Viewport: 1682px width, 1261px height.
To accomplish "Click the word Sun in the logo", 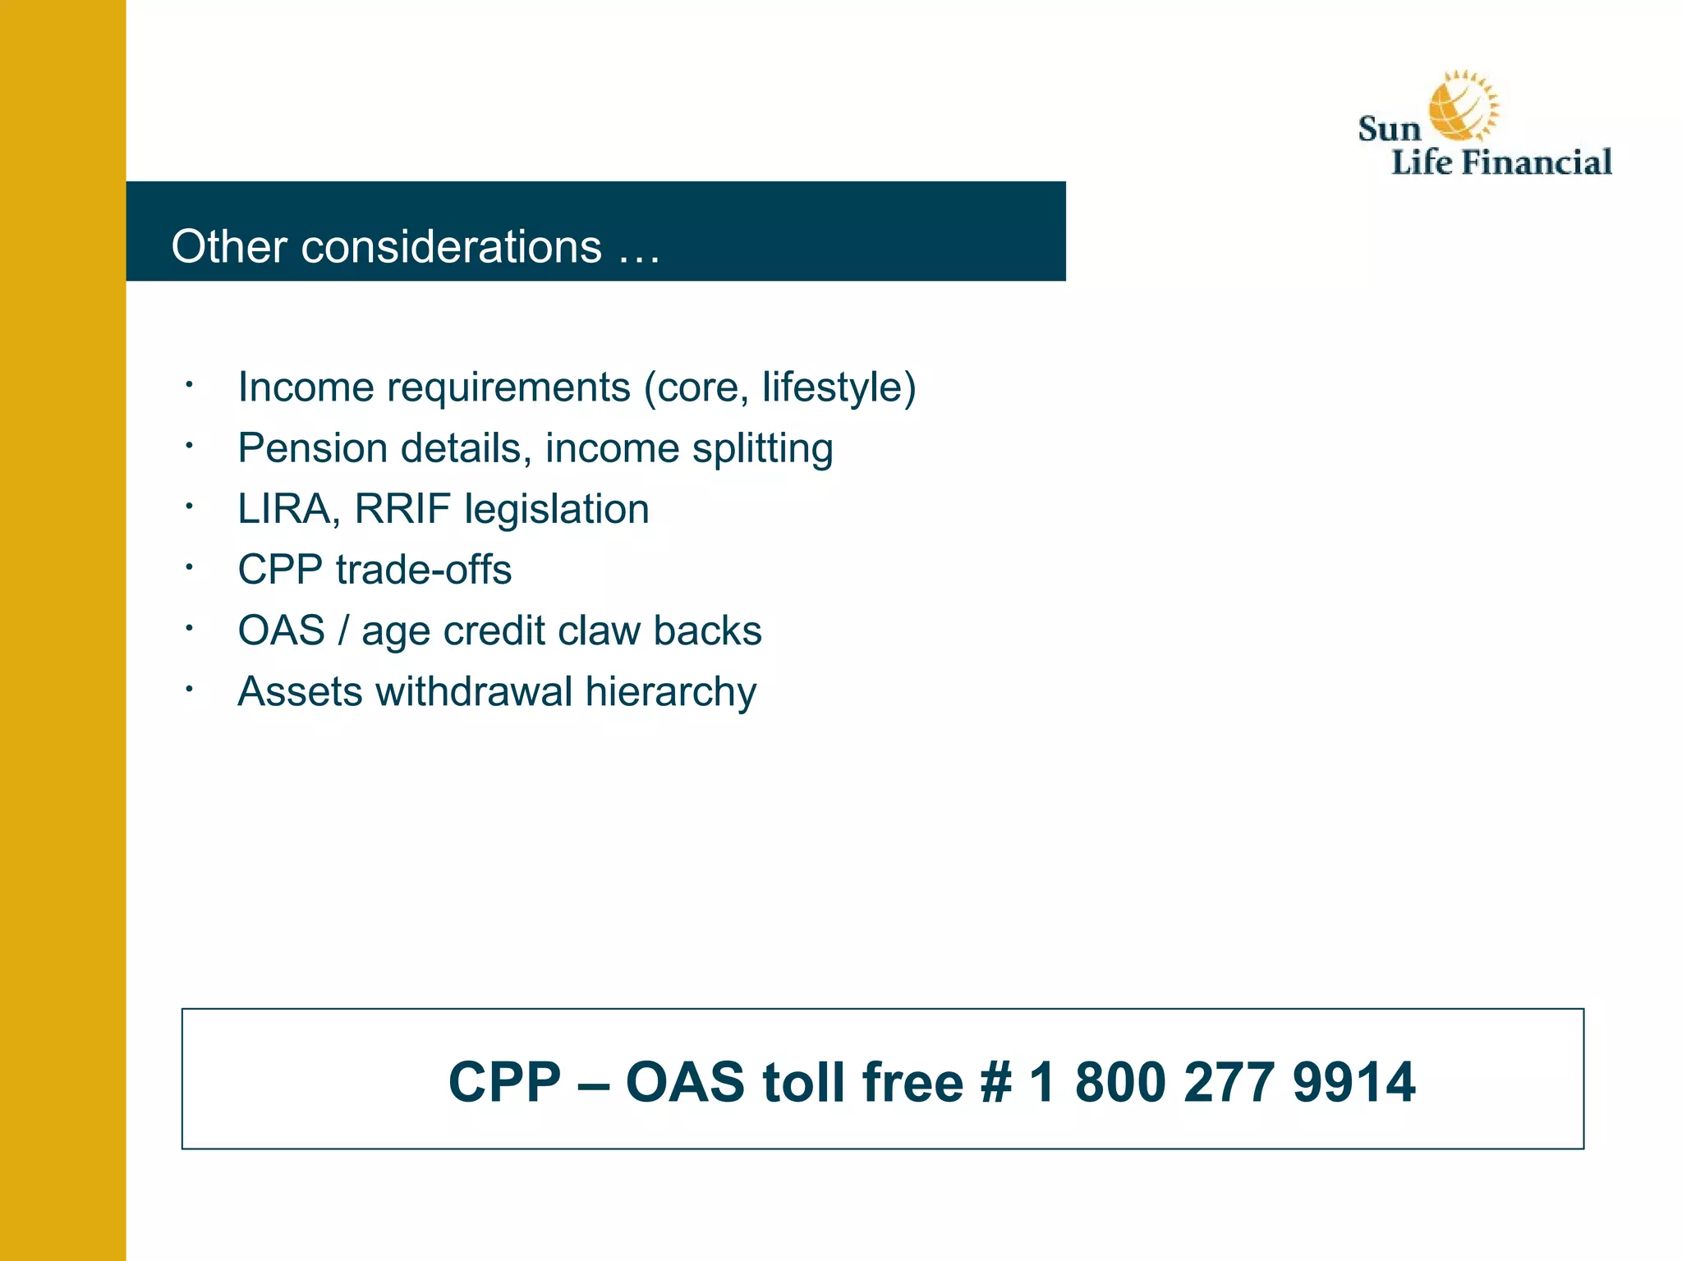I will tap(1389, 130).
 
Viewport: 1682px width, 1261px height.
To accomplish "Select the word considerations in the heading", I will tap(451, 246).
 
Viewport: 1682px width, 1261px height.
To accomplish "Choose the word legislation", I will tap(556, 509).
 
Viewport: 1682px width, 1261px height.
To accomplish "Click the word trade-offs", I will tap(423, 570).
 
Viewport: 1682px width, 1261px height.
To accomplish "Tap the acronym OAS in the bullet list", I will tap(281, 630).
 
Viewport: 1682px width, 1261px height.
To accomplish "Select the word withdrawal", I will tap(474, 691).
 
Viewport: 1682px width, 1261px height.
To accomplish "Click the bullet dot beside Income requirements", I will tap(189, 384).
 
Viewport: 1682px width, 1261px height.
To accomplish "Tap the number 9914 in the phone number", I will tap(1353, 1082).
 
